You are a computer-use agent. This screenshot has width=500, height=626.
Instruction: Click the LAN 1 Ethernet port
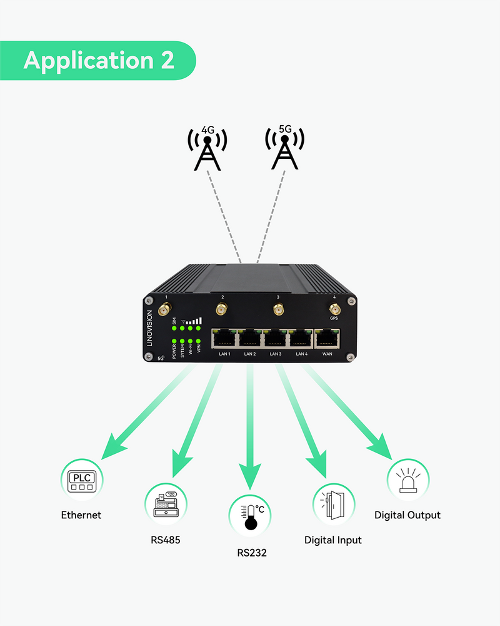pos(224,339)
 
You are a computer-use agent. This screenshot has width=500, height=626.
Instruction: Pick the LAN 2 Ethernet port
pos(250,339)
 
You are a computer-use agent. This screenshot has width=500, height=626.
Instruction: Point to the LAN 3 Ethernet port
pos(276,339)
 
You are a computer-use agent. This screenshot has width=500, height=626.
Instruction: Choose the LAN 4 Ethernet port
pos(301,339)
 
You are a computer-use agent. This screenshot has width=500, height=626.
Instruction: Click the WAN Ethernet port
pos(327,339)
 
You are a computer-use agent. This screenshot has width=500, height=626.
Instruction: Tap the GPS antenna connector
pos(335,309)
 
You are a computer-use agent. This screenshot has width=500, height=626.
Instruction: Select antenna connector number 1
pos(166,309)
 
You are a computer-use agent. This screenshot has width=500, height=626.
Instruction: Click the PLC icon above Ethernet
pos(81,481)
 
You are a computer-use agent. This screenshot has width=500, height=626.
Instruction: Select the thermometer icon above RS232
pos(250,516)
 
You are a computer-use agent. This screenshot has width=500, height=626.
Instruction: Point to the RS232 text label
pos(252,553)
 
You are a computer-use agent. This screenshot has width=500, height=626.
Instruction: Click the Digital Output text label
pos(407,515)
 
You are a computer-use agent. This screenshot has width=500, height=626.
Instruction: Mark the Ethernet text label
pos(81,515)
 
